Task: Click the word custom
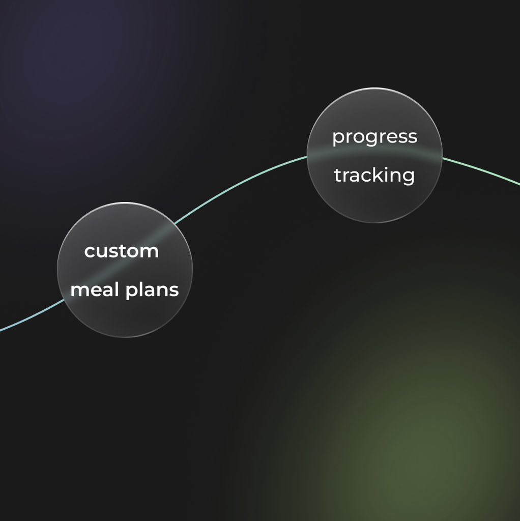[x=121, y=251]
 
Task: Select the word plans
[x=152, y=291]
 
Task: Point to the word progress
[x=375, y=137]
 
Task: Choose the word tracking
[x=374, y=176]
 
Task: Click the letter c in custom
[x=90, y=252]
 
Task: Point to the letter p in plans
[x=132, y=292]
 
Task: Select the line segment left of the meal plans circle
[x=33, y=316]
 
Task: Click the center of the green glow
[x=422, y=439]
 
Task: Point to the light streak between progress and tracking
[x=375, y=154]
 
